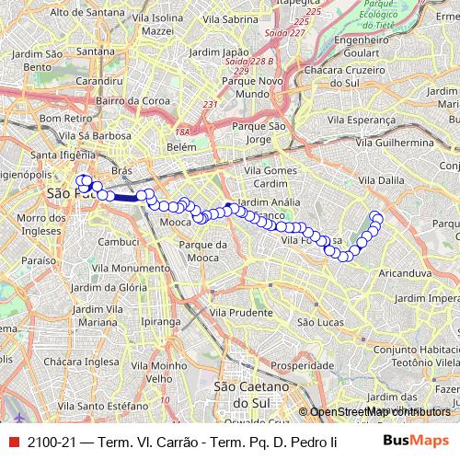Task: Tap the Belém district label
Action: tap(183, 146)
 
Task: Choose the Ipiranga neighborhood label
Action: tap(163, 322)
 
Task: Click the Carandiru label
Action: tap(99, 81)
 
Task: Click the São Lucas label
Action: tap(320, 322)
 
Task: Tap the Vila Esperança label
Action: tap(396, 120)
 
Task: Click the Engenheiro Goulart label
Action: tap(369, 46)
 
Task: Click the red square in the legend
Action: tap(13, 441)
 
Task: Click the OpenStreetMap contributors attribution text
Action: tap(382, 411)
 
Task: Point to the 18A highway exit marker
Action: tap(182, 132)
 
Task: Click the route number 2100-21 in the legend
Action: tap(52, 442)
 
